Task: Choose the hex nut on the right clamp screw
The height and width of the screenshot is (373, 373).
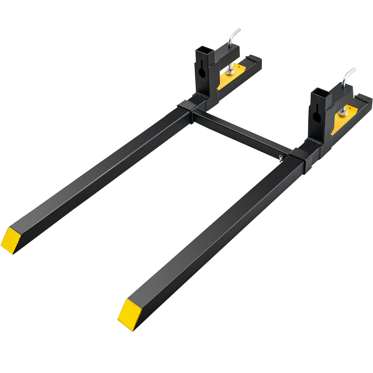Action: point(343,113)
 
